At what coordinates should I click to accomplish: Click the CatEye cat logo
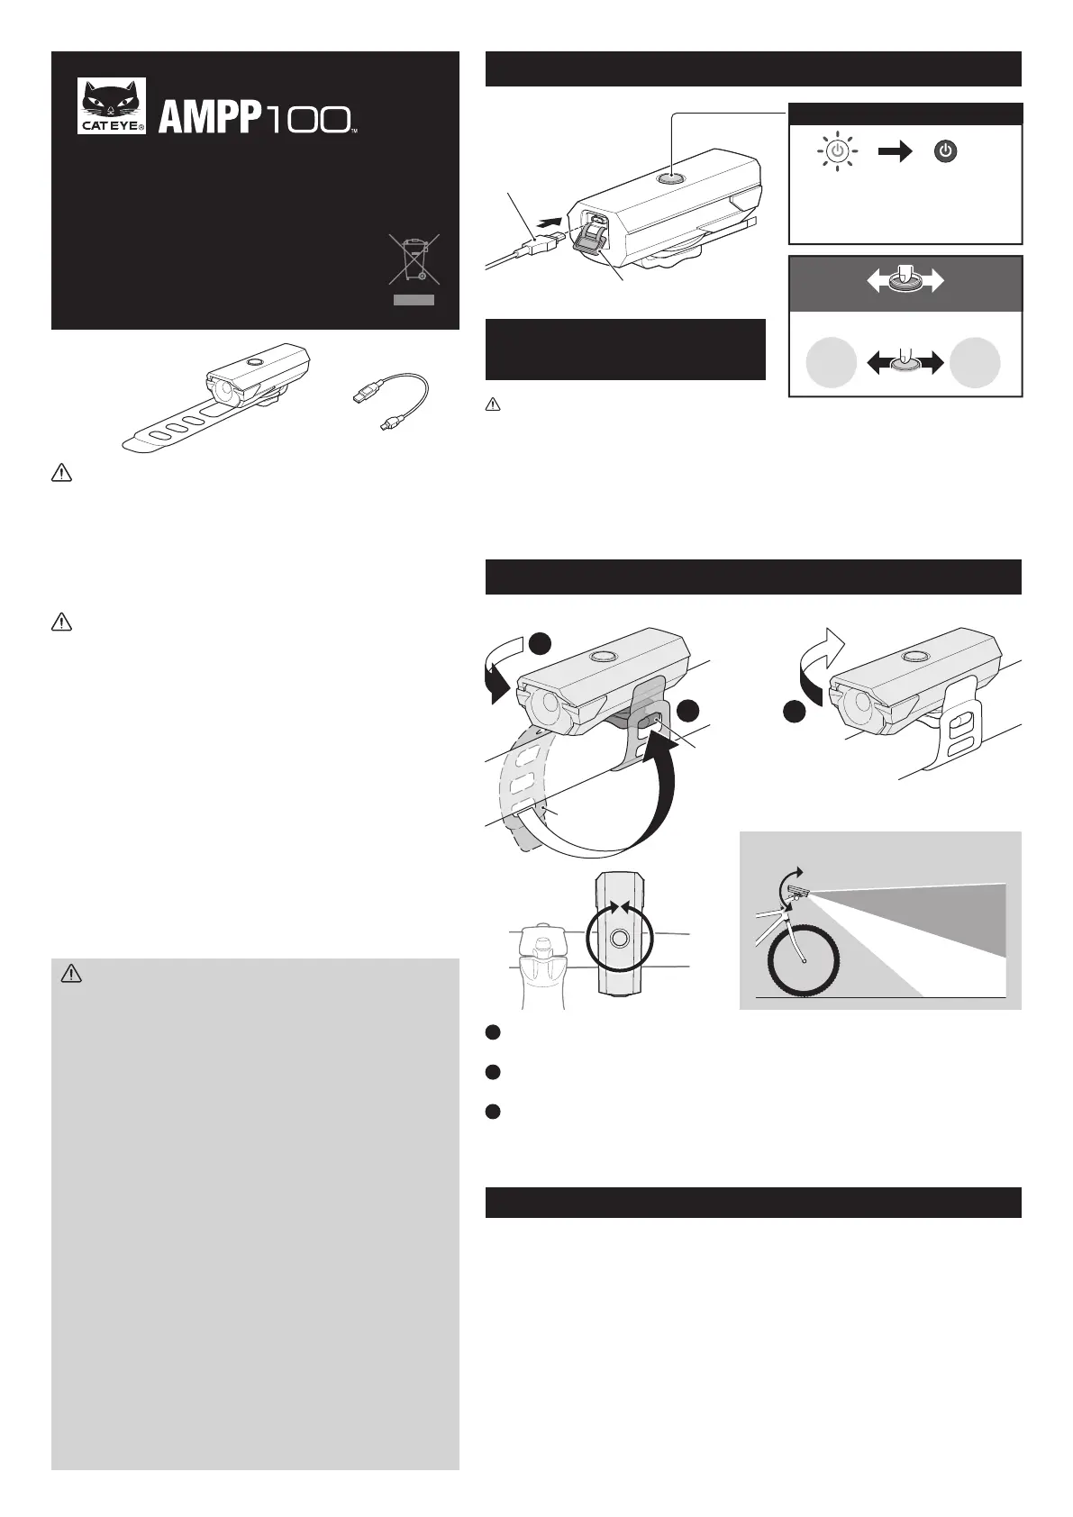[111, 105]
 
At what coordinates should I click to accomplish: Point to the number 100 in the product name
[307, 120]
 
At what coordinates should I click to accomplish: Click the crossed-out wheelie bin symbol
[414, 259]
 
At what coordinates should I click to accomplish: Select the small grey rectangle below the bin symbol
[414, 300]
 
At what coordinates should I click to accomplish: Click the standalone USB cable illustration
[392, 400]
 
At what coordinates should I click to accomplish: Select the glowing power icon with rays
[837, 151]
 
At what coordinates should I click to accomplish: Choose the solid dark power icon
[946, 151]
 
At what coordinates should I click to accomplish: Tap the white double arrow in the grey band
[905, 280]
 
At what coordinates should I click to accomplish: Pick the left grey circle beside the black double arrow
[832, 362]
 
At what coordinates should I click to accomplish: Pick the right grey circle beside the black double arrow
[975, 362]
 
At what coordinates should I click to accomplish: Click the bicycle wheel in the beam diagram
[804, 960]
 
